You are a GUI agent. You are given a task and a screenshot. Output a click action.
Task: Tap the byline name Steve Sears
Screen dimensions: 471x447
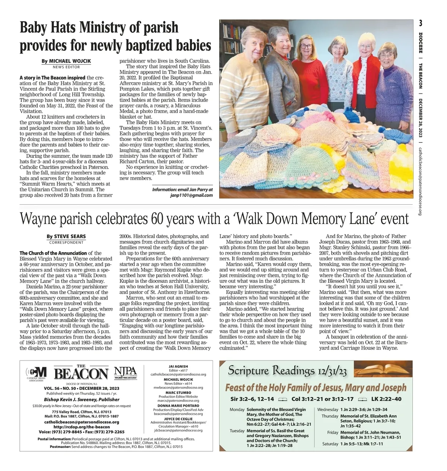(x=70, y=236)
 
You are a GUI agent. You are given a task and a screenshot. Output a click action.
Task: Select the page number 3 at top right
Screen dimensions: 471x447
(x=420, y=23)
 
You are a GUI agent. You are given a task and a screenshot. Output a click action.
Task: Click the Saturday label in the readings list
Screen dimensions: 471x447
(x=330, y=444)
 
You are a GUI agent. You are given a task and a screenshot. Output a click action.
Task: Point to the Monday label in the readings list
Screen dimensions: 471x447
(x=237, y=410)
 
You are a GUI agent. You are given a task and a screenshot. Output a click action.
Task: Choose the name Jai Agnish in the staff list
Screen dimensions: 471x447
(x=178, y=366)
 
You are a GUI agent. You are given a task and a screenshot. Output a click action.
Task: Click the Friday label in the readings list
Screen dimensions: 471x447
(x=333, y=432)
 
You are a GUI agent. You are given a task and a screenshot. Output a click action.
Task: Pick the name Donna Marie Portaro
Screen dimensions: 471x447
(x=178, y=406)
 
